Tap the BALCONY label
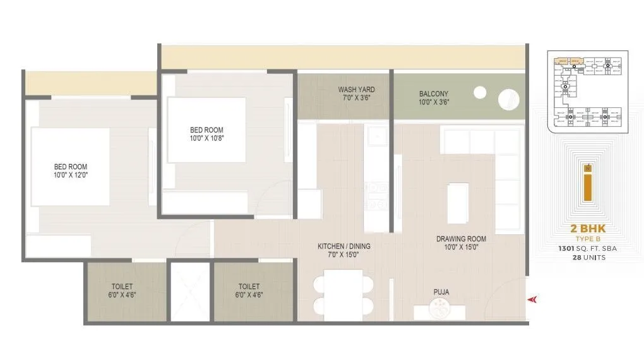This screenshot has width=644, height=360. pyautogui.click(x=434, y=94)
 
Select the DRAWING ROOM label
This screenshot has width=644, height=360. pyautogui.click(x=461, y=239)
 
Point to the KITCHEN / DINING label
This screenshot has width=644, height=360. pyautogui.click(x=343, y=246)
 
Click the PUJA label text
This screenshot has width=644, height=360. pyautogui.click(x=441, y=292)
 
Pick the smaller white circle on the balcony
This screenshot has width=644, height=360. pyautogui.click(x=480, y=92)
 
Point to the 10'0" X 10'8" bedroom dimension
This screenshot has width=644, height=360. pyautogui.click(x=206, y=138)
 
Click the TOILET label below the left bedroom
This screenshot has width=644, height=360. pyautogui.click(x=122, y=286)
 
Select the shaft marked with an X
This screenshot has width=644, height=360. pyautogui.click(x=190, y=291)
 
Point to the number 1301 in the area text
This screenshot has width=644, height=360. pyautogui.click(x=566, y=249)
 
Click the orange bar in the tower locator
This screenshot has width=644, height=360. pyautogui.click(x=587, y=188)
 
